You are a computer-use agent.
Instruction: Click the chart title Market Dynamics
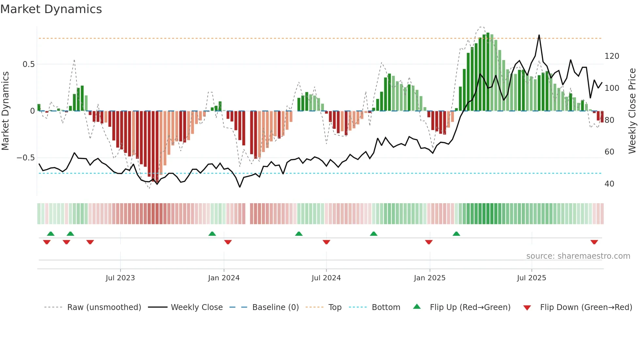click(x=51, y=9)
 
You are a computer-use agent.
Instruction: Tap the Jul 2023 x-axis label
click(x=120, y=278)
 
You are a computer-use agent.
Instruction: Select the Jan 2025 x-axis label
click(x=429, y=278)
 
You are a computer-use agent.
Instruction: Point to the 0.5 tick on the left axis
click(x=28, y=64)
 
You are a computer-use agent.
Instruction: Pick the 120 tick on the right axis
click(x=612, y=56)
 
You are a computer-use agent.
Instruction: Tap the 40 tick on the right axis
click(x=609, y=184)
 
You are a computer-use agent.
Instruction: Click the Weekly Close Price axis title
click(x=632, y=111)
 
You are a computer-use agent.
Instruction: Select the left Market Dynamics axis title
click(x=6, y=111)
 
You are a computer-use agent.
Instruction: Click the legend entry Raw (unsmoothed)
click(x=104, y=307)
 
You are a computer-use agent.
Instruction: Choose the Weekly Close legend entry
click(x=197, y=307)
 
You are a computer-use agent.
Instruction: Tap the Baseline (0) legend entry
click(x=275, y=307)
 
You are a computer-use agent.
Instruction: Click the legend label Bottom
click(x=386, y=307)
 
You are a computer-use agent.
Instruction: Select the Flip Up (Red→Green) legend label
click(x=470, y=307)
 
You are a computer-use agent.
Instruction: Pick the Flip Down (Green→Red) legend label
click(x=586, y=307)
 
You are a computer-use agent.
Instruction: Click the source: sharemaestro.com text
click(x=578, y=256)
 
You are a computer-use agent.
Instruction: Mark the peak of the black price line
click(x=539, y=35)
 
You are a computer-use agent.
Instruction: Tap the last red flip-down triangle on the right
click(x=594, y=242)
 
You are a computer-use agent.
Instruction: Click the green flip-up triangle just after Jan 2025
click(x=456, y=234)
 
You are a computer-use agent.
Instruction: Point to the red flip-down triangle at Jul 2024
click(x=326, y=242)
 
